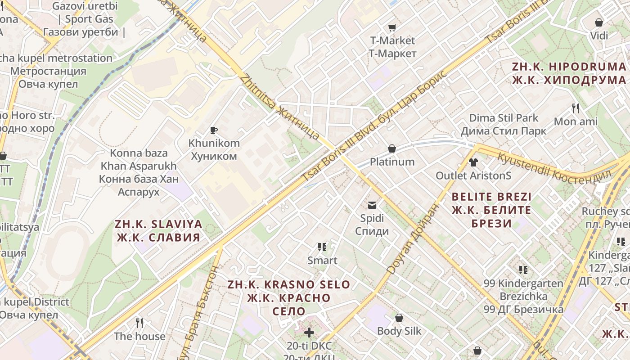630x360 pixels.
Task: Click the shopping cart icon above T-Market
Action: coord(392,28)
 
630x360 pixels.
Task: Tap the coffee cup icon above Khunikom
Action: coord(214,130)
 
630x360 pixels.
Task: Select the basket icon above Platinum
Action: coord(392,148)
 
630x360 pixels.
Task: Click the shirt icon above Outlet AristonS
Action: coord(473,162)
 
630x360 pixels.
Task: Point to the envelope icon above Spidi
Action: coord(372,205)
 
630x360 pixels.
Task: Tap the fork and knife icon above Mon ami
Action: coord(576,108)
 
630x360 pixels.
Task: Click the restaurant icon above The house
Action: coord(139,323)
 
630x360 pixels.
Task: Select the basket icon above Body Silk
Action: coord(399,318)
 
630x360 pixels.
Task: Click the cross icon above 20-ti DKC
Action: coord(309,333)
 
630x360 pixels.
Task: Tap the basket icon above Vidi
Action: coord(599,22)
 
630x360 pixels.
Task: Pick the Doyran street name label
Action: coord(411,238)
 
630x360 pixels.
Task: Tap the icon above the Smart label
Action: coord(322,247)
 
